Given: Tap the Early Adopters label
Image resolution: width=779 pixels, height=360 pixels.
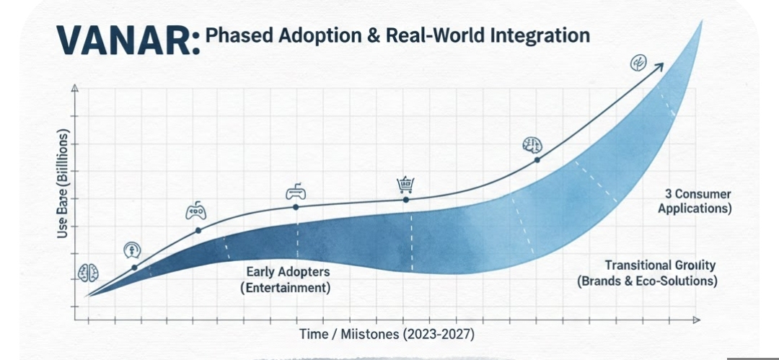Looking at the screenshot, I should [288, 272].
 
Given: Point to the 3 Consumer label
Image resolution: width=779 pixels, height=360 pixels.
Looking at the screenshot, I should [698, 195].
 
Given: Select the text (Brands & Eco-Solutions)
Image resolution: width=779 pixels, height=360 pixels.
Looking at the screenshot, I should [647, 281].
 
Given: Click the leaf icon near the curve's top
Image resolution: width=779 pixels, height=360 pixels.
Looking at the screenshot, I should [638, 63].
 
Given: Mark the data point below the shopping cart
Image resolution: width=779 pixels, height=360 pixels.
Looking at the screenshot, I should [405, 200].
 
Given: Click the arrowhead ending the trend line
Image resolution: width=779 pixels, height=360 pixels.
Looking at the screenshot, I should [659, 66].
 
